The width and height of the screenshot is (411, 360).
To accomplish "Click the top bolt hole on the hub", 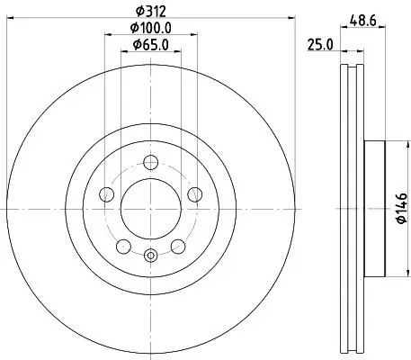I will [150, 161].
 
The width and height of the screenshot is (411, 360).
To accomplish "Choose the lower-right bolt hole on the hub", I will [177, 244].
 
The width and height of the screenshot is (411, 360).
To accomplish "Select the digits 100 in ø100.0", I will [149, 28].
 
